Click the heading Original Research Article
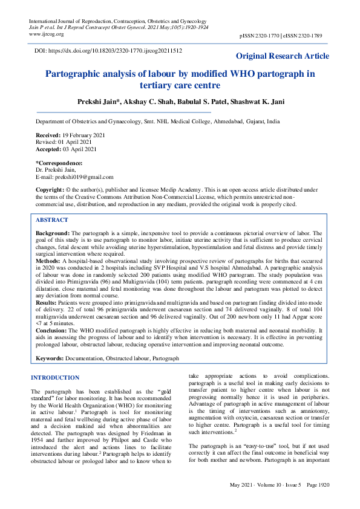tap(283, 56)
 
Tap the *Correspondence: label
tap(59, 163)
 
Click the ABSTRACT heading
tap(52, 220)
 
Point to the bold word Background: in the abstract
tap(53, 233)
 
